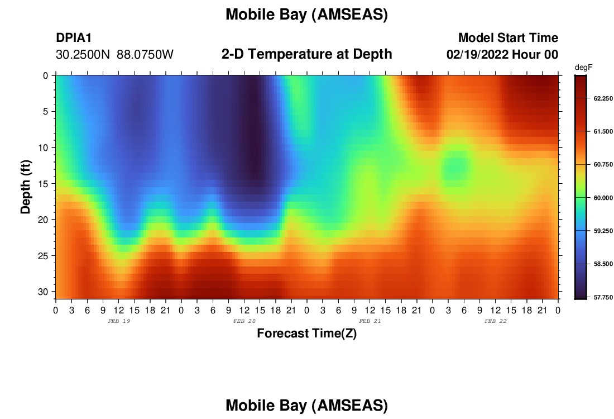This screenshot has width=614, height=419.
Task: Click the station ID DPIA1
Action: pos(74,37)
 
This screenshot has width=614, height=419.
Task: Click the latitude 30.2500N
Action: pos(83,55)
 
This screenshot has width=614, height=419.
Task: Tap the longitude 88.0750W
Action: pos(145,55)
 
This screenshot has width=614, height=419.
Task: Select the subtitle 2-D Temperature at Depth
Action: pos(306,54)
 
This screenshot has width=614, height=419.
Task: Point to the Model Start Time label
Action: pos(508,37)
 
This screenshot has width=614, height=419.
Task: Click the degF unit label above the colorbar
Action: pos(583,68)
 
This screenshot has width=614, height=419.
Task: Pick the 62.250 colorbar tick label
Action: pos(603,98)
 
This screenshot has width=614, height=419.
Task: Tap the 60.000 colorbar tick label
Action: pos(603,198)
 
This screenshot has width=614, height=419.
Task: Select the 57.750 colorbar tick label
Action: pos(603,298)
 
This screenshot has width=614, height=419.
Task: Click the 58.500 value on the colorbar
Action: pos(603,264)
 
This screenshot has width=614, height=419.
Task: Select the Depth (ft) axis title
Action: pos(26,187)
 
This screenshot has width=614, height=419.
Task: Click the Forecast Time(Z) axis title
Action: pos(306,334)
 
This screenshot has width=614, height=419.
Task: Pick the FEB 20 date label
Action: pos(244,321)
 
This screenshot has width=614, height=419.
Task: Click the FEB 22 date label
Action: pos(495,321)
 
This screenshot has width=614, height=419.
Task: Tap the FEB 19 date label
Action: pos(119,321)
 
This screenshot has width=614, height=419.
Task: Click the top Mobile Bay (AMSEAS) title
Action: pos(306,15)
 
